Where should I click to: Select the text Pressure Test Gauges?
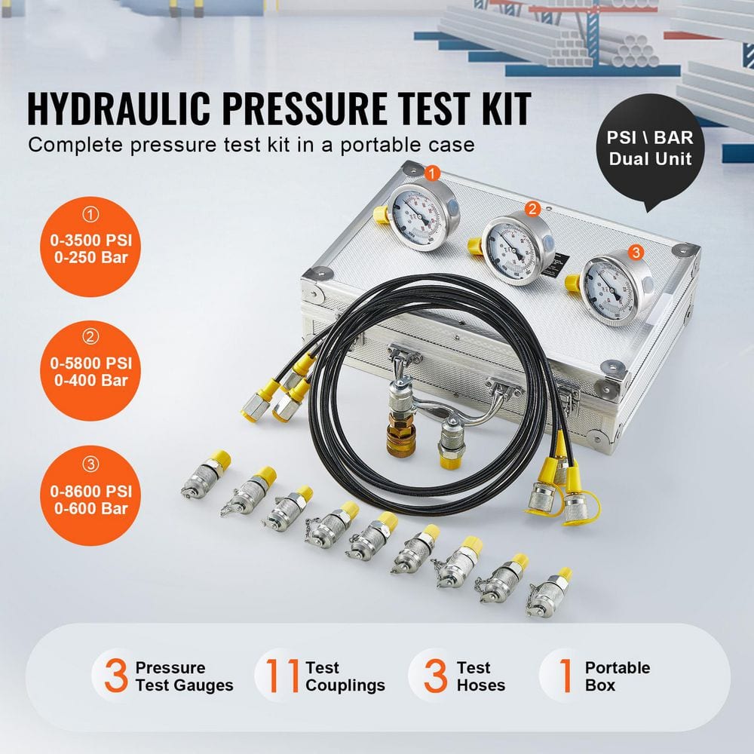(184, 676)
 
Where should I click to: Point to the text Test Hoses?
(480, 676)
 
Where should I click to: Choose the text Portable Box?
(617, 676)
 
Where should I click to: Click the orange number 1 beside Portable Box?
(564, 676)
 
